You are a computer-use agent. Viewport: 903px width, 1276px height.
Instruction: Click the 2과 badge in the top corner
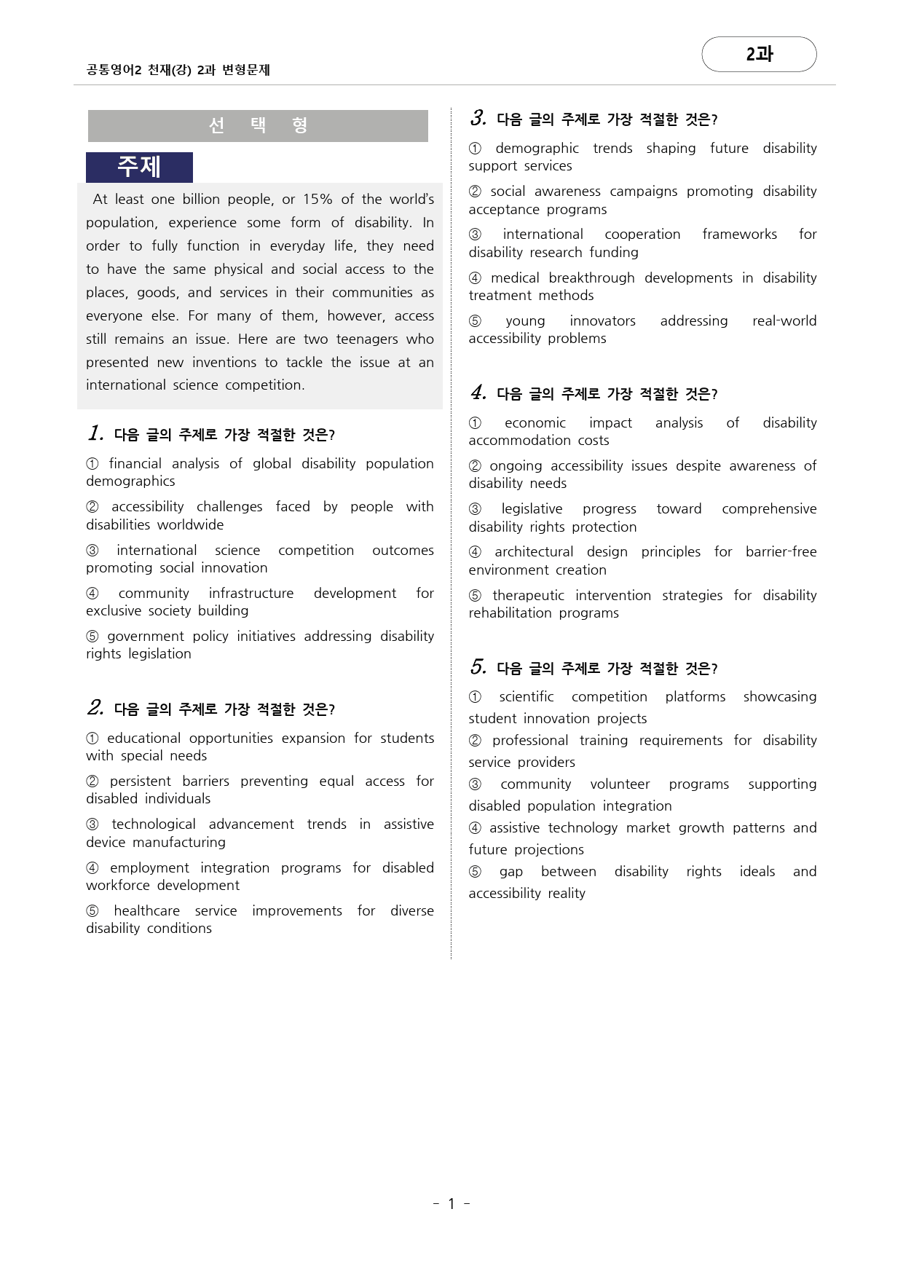click(x=759, y=54)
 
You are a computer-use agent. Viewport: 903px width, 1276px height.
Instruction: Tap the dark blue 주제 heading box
click(x=139, y=167)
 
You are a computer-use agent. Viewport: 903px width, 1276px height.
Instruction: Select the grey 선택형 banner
click(x=258, y=125)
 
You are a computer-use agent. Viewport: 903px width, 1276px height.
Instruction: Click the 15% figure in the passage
click(x=318, y=200)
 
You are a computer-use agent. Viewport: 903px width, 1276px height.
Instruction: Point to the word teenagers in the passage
click(x=366, y=339)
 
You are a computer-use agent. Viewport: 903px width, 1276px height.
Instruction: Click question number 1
click(x=95, y=433)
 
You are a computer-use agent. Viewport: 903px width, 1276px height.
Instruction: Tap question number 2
click(x=95, y=708)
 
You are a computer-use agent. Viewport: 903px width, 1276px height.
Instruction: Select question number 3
click(x=478, y=118)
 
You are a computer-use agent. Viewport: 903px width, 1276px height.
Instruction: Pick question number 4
click(x=478, y=393)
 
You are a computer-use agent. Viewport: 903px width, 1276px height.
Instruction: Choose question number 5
click(x=478, y=667)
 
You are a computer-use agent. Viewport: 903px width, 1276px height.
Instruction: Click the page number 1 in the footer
click(x=451, y=1204)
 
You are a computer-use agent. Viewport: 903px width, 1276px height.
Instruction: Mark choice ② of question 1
click(x=92, y=507)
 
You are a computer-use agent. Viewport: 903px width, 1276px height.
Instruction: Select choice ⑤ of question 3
click(x=475, y=321)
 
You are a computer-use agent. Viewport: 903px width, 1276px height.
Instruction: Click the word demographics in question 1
click(x=130, y=481)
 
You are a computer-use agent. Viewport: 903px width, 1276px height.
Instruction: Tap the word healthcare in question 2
click(x=146, y=911)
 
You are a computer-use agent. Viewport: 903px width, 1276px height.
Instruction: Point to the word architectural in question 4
click(x=534, y=552)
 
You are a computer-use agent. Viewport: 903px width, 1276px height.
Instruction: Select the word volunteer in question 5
click(x=620, y=784)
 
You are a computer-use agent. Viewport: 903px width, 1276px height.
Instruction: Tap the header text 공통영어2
click(x=113, y=70)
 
